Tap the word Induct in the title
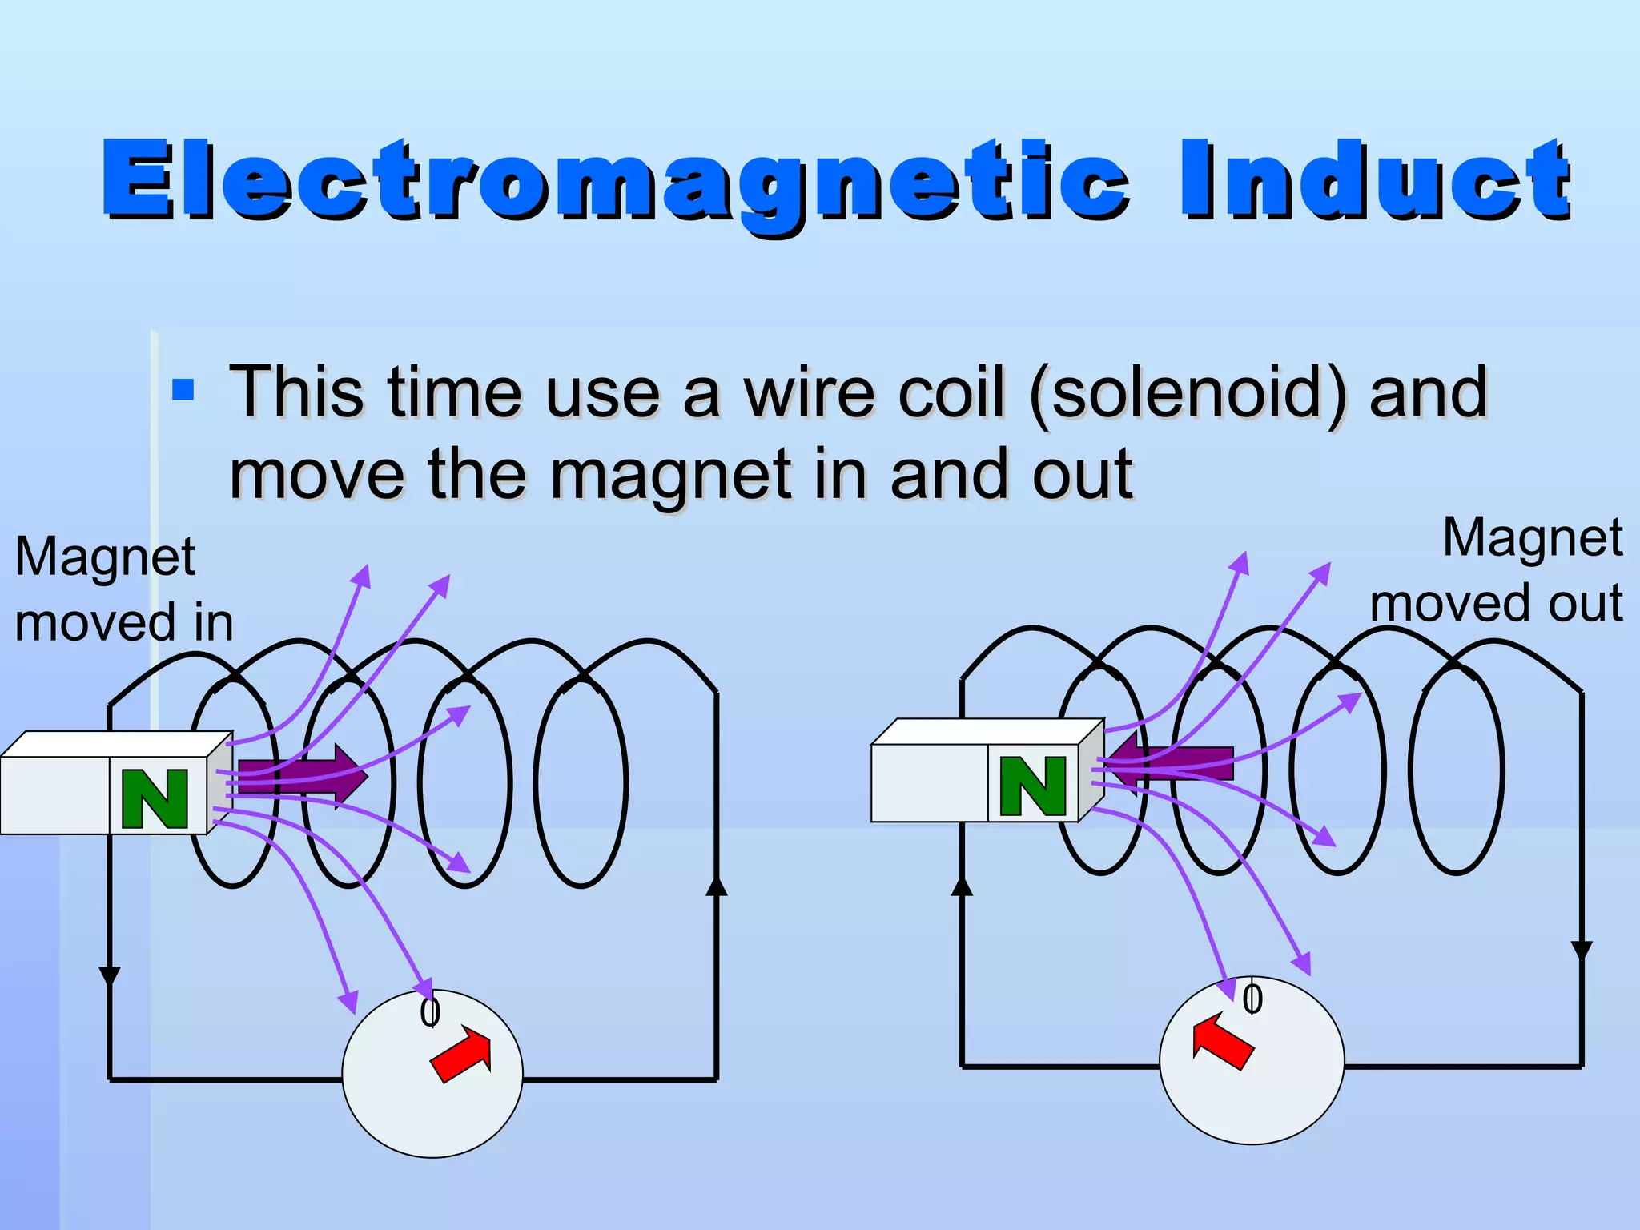(1374, 180)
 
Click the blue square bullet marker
(183, 390)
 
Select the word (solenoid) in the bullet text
(1188, 393)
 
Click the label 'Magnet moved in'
(123, 589)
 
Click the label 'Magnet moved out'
(1496, 570)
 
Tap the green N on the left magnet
(155, 798)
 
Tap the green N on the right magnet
(1033, 786)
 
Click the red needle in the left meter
(463, 1055)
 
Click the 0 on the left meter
(430, 1012)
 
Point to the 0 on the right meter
(1252, 999)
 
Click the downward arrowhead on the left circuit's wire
(109, 976)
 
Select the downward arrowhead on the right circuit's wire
(1582, 951)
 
